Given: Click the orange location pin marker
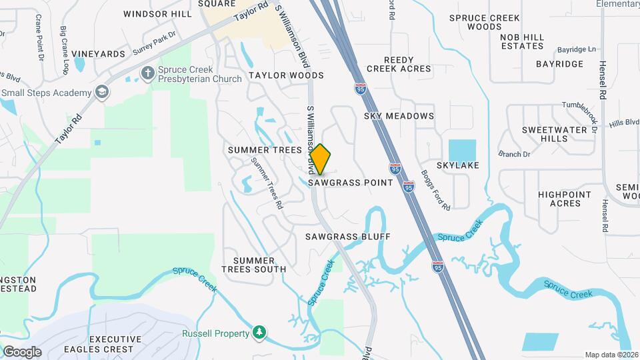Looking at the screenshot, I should (321, 159).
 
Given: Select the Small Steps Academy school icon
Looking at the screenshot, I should (102, 92).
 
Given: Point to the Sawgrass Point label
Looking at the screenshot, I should (351, 182).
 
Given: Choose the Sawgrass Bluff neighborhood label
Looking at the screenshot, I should (347, 236).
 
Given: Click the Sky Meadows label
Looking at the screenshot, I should (399, 116).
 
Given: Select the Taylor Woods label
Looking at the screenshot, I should (286, 75).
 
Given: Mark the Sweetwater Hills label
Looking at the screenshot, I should (545, 133).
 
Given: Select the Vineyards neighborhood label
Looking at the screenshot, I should (99, 53).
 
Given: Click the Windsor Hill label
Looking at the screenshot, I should (157, 13).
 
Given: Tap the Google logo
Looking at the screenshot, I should (22, 351).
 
